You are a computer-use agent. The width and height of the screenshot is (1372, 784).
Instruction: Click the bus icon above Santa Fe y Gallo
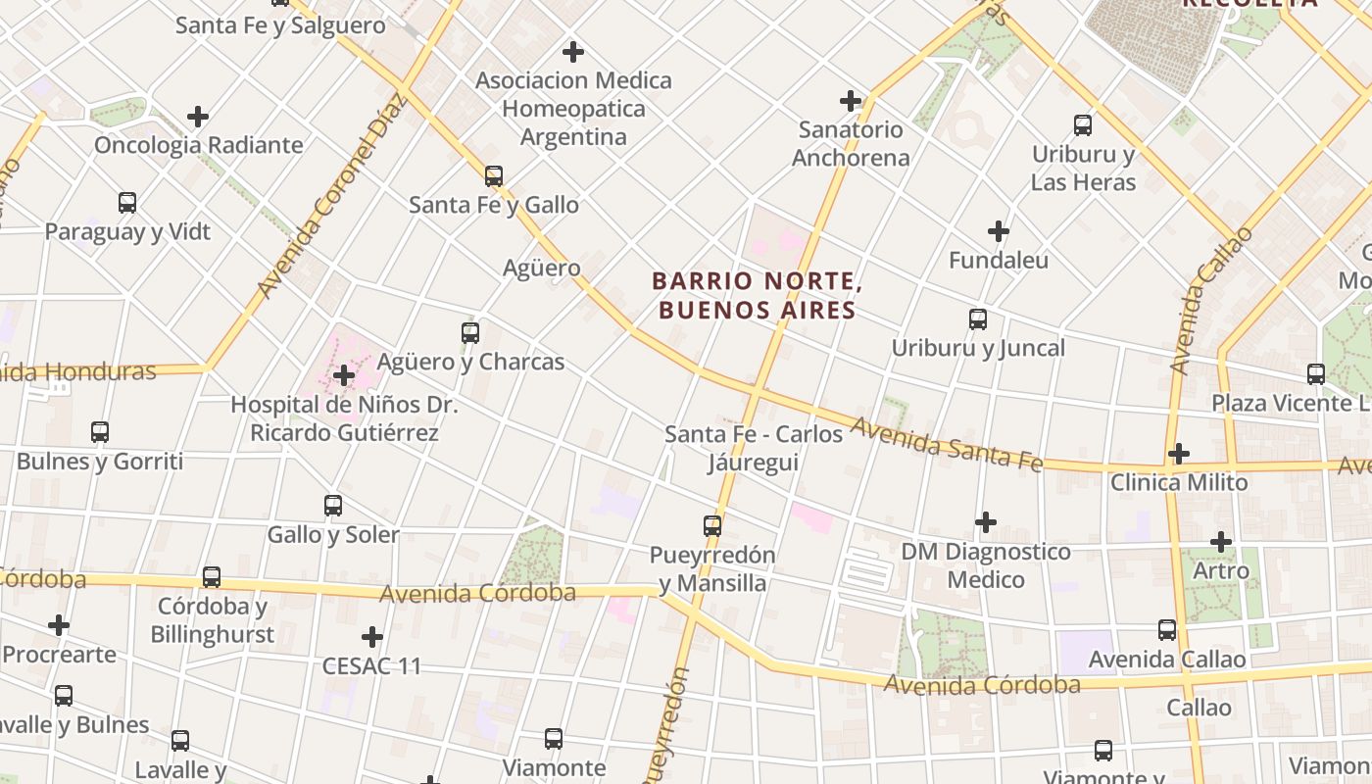[494, 176]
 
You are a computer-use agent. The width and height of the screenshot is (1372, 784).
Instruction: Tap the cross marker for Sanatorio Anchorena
[851, 101]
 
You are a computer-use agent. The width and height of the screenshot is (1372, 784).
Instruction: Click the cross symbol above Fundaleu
[999, 231]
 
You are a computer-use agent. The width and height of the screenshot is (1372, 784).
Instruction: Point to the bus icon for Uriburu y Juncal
[977, 319]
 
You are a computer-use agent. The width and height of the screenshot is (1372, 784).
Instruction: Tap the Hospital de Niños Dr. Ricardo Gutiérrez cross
[344, 375]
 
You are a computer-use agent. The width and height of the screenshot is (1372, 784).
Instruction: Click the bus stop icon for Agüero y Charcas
[470, 333]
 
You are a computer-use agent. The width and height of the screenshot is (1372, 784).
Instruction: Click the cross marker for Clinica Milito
[1179, 454]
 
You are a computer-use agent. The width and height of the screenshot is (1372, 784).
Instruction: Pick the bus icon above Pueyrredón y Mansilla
[712, 526]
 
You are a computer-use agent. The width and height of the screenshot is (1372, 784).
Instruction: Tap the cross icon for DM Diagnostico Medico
[986, 522]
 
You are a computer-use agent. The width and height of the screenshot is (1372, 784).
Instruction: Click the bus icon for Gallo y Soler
[333, 506]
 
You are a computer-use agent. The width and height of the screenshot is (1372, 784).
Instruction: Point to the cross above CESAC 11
[372, 637]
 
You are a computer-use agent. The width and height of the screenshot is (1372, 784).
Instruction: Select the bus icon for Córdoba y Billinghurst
[212, 577]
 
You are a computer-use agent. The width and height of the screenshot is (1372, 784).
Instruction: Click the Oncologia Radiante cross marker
[198, 117]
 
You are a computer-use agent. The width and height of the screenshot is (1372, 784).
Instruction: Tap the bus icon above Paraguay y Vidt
[127, 203]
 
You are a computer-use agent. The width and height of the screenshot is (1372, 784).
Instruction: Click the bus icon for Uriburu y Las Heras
[1083, 125]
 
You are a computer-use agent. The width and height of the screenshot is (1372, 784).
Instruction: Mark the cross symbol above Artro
[1221, 541]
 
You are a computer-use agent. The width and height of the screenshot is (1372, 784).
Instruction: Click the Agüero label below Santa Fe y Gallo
[541, 268]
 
